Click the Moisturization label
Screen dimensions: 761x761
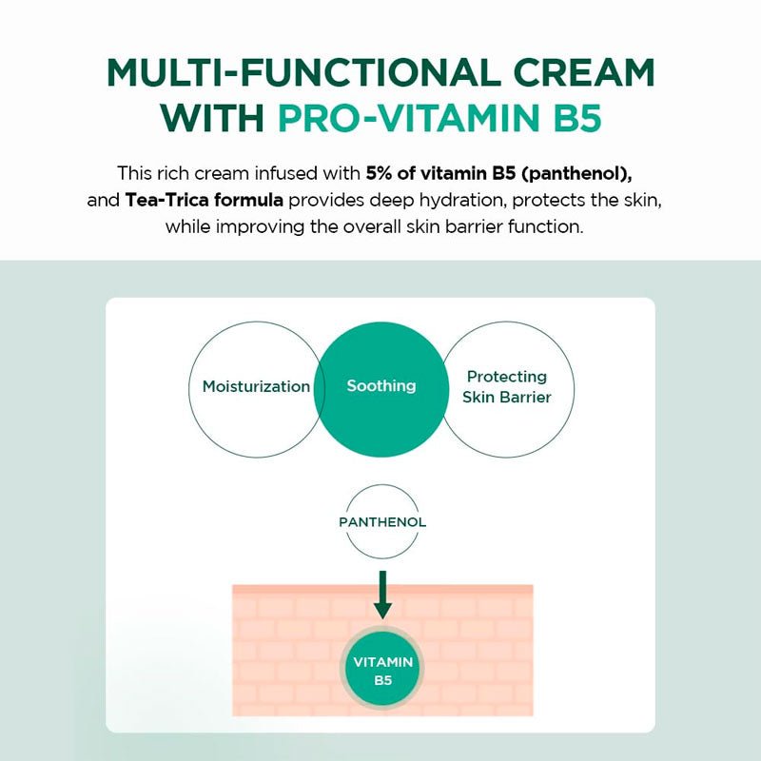pyautogui.click(x=256, y=387)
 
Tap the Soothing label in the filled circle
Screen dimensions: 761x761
pyautogui.click(x=380, y=386)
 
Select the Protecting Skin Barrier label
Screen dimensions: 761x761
pyautogui.click(x=506, y=387)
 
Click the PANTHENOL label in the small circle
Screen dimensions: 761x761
pyautogui.click(x=382, y=522)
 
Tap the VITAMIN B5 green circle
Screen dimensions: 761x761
pyautogui.click(x=382, y=671)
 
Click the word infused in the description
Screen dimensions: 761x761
pyautogui.click(x=293, y=175)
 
